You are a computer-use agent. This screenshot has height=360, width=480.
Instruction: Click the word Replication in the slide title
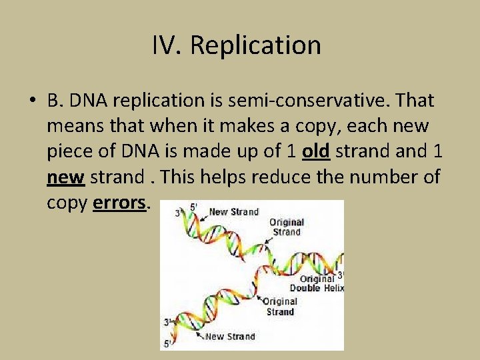(x=255, y=45)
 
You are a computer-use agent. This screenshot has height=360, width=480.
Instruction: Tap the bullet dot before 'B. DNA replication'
(x=32, y=101)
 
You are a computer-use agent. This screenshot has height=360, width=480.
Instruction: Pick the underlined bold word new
(x=65, y=177)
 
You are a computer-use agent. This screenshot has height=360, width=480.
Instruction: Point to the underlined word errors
(x=119, y=202)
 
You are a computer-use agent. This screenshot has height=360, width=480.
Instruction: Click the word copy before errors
(x=67, y=203)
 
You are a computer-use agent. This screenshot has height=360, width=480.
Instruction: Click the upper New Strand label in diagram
(x=233, y=211)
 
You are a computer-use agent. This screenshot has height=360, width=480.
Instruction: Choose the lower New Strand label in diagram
(x=230, y=337)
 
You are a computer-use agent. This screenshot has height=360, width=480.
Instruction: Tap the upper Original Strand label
(x=287, y=227)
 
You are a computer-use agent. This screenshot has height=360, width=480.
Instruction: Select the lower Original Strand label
(x=280, y=307)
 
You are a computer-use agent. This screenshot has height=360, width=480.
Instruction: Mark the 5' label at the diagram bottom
(x=168, y=343)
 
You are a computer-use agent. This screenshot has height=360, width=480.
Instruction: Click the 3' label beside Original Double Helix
(x=340, y=274)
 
